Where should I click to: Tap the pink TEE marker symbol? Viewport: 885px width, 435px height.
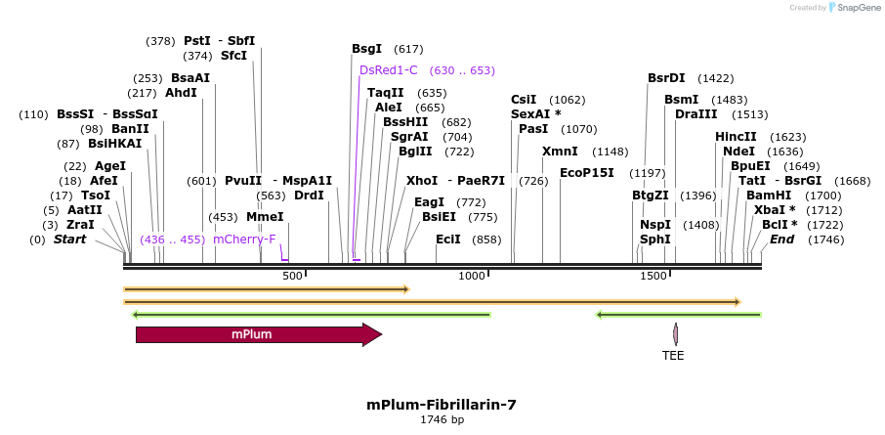pyautogui.click(x=675, y=334)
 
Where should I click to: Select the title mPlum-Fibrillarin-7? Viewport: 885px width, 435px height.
pyautogui.click(x=442, y=405)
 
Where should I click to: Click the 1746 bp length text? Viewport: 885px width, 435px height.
pyautogui.click(x=442, y=420)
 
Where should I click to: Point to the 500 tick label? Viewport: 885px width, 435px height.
pyautogui.click(x=293, y=277)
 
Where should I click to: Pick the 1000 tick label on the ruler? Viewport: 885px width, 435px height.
pyautogui.click(x=473, y=277)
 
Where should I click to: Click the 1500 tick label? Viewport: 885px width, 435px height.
pyautogui.click(x=653, y=277)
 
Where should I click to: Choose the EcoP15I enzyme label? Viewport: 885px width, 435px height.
pyautogui.click(x=587, y=173)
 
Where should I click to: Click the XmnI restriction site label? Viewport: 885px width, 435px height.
pyautogui.click(x=560, y=152)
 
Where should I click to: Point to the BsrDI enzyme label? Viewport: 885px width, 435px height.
pyautogui.click(x=666, y=78)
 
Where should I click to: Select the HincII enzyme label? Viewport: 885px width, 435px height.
pyautogui.click(x=736, y=137)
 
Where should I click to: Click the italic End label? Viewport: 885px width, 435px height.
pyautogui.click(x=782, y=239)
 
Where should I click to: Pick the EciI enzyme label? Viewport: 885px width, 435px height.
pyautogui.click(x=448, y=239)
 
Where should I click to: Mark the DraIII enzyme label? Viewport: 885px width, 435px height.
pyautogui.click(x=695, y=114)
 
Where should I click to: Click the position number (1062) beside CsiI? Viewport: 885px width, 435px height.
pyautogui.click(x=568, y=100)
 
